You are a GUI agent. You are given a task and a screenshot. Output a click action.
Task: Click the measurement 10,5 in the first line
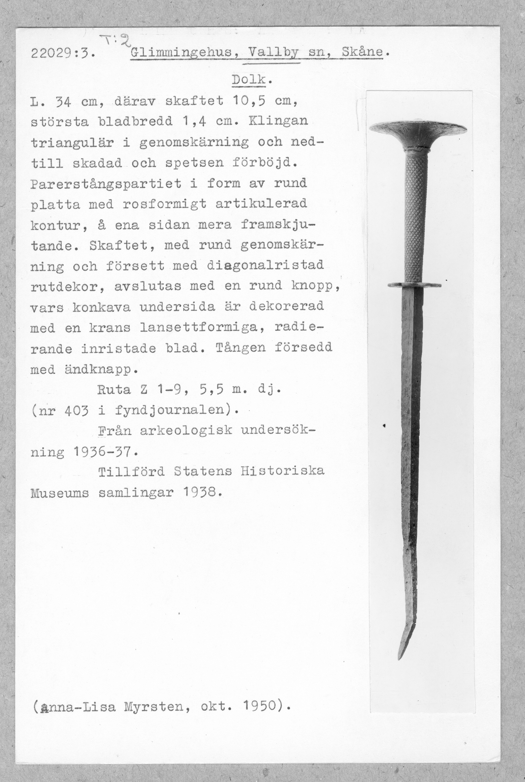tap(249, 101)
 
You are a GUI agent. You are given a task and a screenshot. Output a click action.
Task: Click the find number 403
tap(77, 410)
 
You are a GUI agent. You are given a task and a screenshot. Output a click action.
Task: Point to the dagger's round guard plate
tap(414, 285)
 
